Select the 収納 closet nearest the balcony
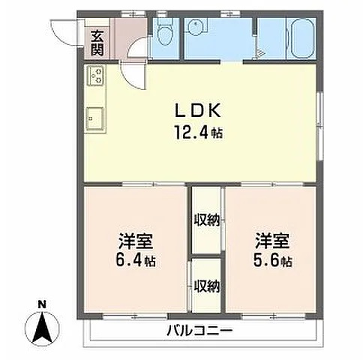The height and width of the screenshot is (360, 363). click(207, 285)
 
